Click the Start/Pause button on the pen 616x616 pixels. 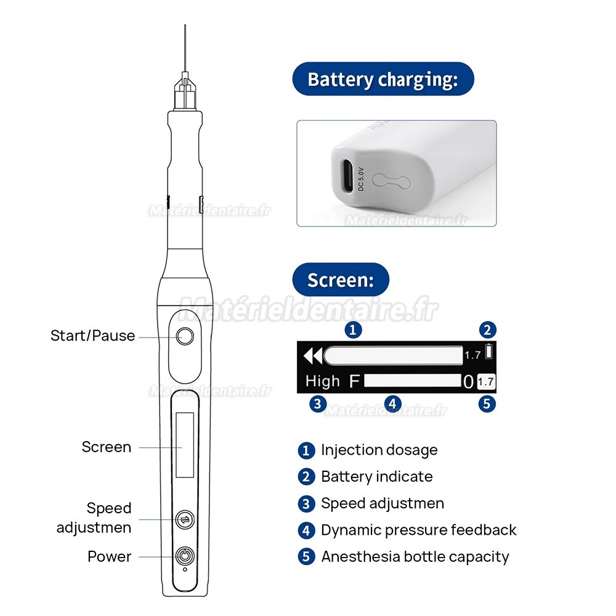tap(185, 336)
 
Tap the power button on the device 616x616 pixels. tap(185, 556)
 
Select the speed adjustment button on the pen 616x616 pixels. tap(185, 520)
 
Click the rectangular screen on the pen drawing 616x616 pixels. tap(185, 445)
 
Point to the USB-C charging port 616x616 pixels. tap(347, 176)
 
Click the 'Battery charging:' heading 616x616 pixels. tap(383, 79)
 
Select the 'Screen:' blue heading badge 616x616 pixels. tap(341, 280)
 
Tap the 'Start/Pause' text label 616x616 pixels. tap(93, 336)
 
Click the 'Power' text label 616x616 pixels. tap(109, 556)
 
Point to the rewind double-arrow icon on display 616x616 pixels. tap(313, 356)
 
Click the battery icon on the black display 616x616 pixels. tap(489, 351)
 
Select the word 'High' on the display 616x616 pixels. tap(323, 381)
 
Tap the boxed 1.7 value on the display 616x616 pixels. tap(486, 381)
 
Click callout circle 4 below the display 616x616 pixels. tap(392, 404)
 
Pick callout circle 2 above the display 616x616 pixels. tap(487, 330)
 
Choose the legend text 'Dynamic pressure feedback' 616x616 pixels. tap(419, 530)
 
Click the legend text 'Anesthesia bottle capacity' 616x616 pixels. tap(415, 557)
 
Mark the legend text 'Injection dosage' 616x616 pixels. tap(379, 450)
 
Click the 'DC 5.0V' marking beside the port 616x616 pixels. tap(361, 179)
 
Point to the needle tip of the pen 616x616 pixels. tap(185, 25)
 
